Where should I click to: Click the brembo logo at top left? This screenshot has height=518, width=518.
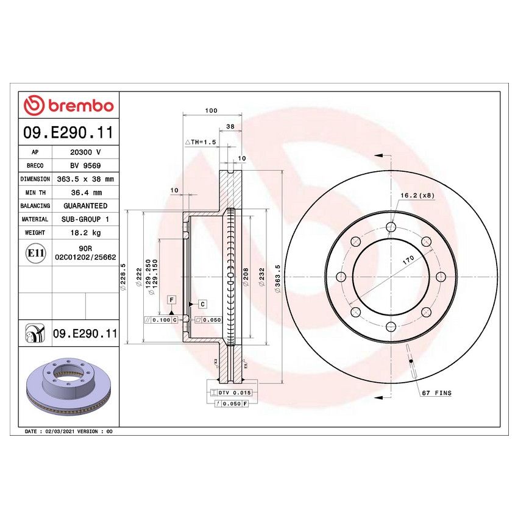tap(68, 105)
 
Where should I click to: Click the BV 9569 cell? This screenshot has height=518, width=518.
tap(85, 166)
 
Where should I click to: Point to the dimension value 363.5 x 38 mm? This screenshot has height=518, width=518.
tap(85, 179)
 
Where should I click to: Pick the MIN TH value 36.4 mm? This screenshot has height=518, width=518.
tap(85, 193)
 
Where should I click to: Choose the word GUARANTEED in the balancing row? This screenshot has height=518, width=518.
tap(85, 206)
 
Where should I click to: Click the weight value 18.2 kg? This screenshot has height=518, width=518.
tap(85, 232)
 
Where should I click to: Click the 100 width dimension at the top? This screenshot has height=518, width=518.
tap(211, 111)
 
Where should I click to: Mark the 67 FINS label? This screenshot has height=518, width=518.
tap(436, 393)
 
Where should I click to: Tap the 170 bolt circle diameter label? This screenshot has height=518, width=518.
tap(408, 260)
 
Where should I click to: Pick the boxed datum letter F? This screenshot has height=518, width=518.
tap(172, 299)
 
